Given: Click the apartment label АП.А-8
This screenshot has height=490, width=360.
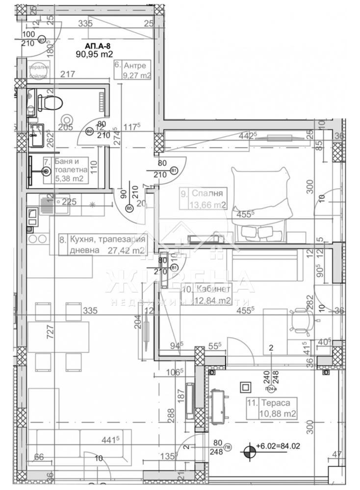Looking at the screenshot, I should click(x=97, y=46).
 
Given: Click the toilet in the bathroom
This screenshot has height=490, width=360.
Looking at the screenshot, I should click(x=50, y=103).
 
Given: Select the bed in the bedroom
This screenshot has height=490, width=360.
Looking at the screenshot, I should click(x=260, y=201).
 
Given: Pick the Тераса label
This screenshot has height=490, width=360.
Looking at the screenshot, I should click(x=276, y=404).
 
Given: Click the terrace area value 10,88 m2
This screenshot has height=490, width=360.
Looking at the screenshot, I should click(x=278, y=414).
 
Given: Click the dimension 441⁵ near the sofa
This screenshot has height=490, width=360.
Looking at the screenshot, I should click(x=109, y=440).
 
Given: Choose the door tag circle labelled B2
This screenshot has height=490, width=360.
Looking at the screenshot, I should click(x=90, y=131).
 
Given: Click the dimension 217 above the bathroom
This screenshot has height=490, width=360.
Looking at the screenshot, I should click(x=67, y=74).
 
